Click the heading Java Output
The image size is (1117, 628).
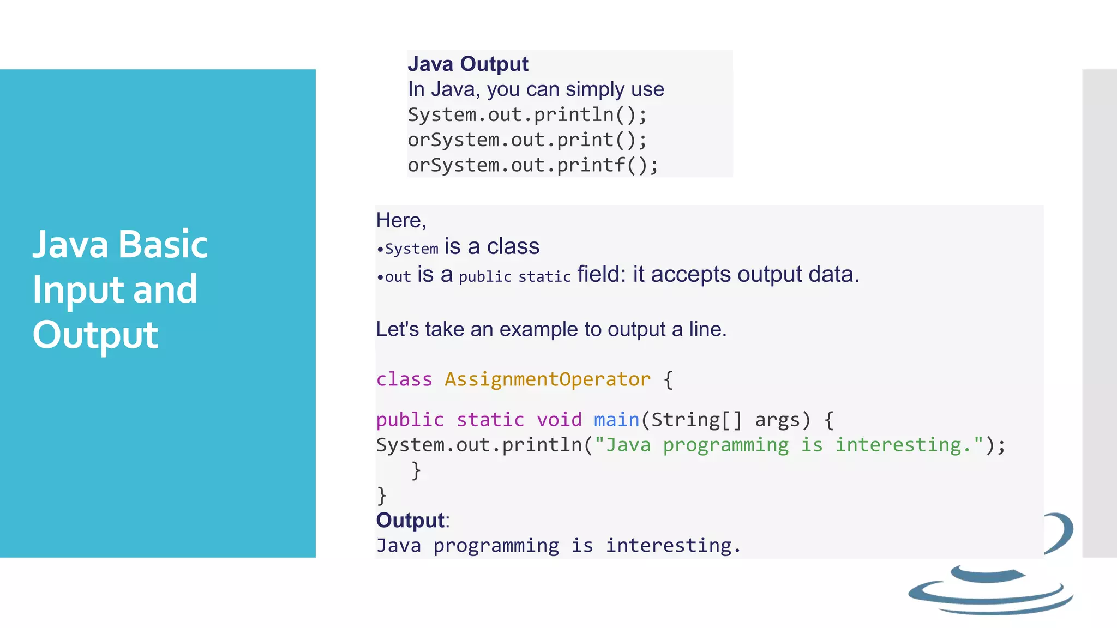467,64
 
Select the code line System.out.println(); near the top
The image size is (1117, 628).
527,115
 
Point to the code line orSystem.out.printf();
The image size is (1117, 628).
533,165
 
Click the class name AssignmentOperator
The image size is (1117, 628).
547,379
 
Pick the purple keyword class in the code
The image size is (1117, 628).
404,379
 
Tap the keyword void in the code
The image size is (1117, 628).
558,420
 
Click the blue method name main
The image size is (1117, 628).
616,420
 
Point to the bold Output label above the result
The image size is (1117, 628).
410,520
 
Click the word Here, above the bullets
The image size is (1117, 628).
401,220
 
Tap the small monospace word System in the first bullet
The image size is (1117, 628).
411,249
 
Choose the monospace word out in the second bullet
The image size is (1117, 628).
398,277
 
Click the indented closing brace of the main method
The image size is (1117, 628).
416,470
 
